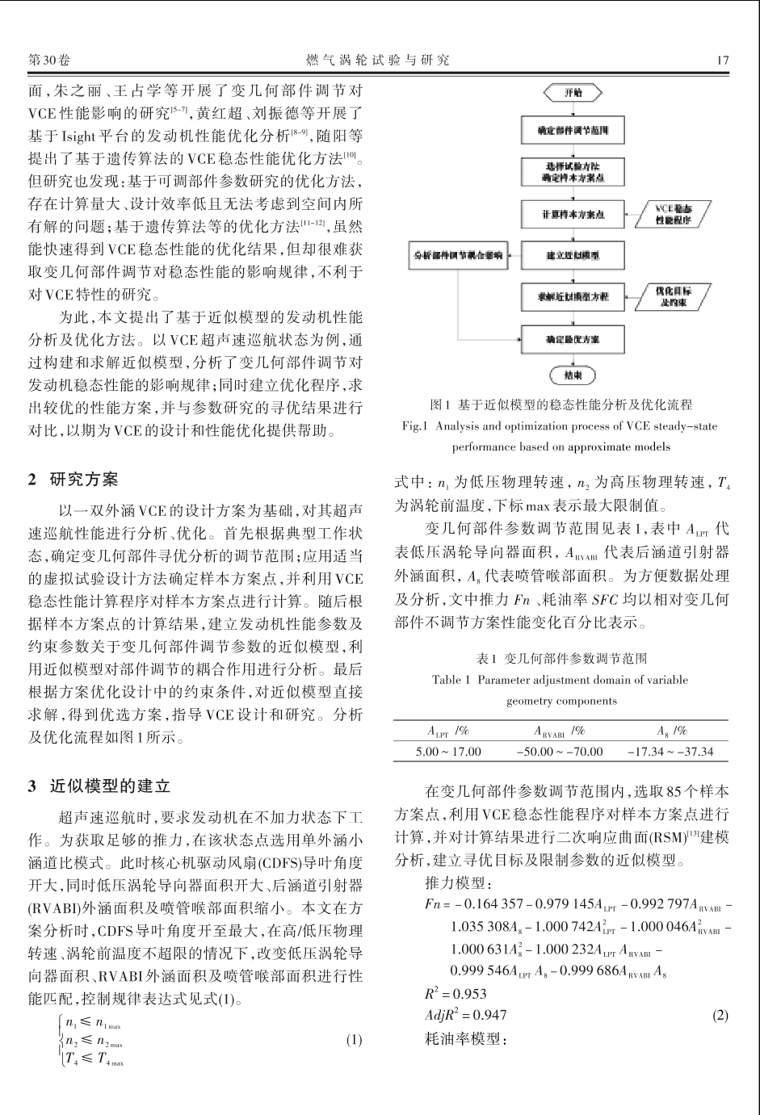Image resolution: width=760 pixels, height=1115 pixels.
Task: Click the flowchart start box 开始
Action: coord(573,93)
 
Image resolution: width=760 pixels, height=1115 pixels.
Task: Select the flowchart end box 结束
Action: coord(573,375)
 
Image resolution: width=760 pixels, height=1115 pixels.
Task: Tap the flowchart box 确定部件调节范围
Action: coord(573,129)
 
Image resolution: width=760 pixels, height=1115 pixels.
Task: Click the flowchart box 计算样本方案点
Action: coord(573,214)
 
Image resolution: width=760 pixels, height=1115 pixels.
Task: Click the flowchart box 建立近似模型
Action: coord(573,255)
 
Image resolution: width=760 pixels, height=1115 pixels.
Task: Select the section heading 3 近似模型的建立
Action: coord(99,785)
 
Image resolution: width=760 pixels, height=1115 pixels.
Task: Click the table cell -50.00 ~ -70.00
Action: coord(560,751)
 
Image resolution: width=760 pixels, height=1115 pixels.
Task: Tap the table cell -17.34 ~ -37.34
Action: coord(670,751)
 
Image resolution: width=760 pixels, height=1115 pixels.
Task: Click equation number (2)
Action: coord(720,1015)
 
